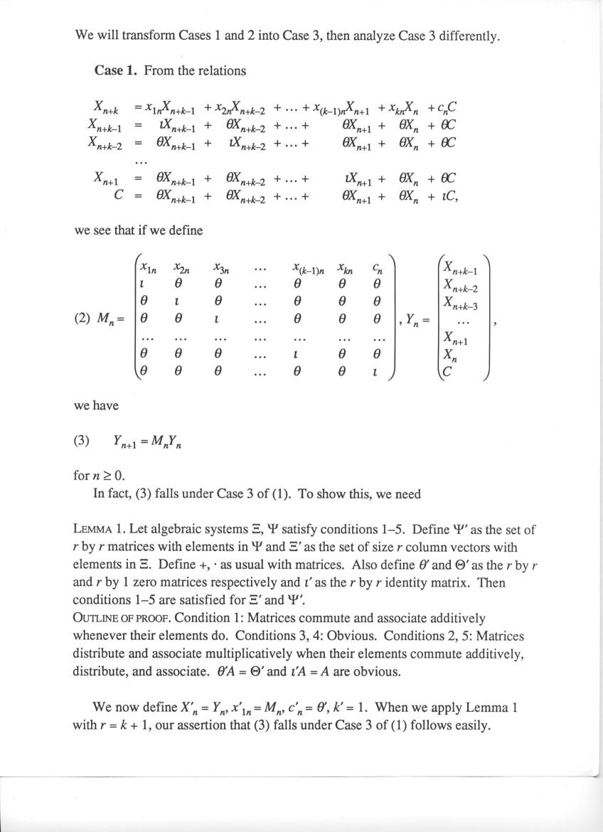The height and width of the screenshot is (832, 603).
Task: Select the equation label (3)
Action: pos(82,440)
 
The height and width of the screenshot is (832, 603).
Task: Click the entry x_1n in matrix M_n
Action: pos(149,268)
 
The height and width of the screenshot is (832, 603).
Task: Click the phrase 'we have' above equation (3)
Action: pos(96,405)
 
